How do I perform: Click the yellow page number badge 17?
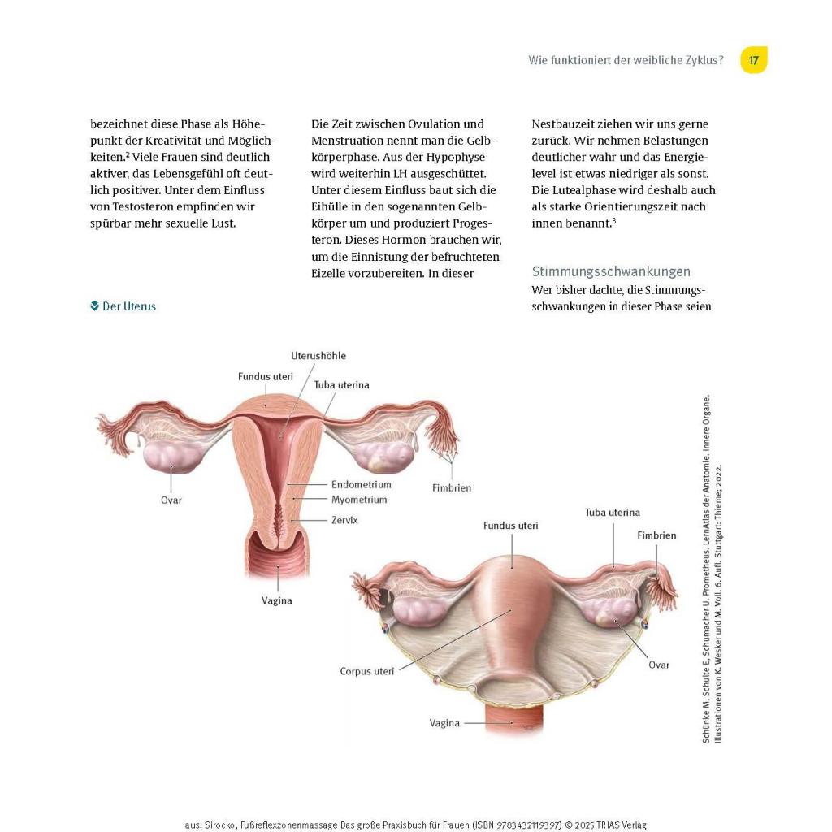pos(754,60)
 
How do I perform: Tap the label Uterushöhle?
pos(318,356)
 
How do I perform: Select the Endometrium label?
pos(361,484)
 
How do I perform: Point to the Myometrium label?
pos(359,500)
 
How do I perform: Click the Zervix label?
pos(344,520)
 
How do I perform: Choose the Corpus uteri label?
pos(367,672)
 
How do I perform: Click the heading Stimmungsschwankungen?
pos(611,271)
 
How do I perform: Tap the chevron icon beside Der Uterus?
pos(95,306)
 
